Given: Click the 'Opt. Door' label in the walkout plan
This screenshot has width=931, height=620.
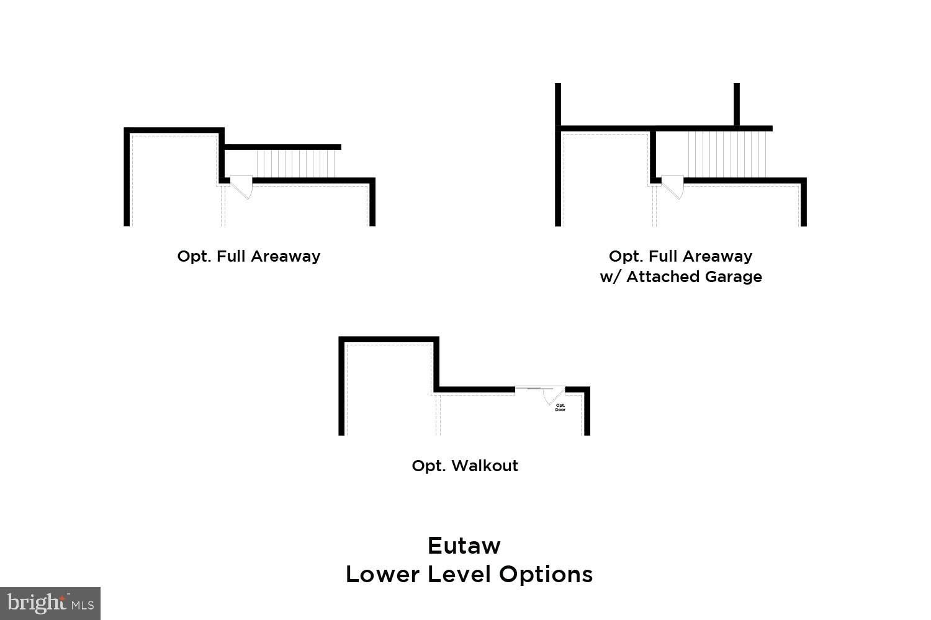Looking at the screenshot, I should (x=560, y=407).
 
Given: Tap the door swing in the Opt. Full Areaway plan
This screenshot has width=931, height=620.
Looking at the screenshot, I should (x=241, y=187).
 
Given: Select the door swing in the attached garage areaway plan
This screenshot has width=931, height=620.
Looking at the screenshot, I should (x=673, y=187).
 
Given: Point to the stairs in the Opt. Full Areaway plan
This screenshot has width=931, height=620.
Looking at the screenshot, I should (x=296, y=164).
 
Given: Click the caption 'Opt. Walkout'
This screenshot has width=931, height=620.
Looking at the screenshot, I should (x=465, y=466).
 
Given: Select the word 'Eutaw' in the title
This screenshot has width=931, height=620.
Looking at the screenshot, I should (x=464, y=546).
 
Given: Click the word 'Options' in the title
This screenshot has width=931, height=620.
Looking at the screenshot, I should (x=546, y=574).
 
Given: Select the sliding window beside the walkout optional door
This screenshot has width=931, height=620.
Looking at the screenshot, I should (x=528, y=389).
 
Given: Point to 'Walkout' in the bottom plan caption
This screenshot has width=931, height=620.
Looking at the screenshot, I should (x=485, y=466).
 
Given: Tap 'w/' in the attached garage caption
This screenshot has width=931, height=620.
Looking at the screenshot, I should (x=609, y=277).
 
